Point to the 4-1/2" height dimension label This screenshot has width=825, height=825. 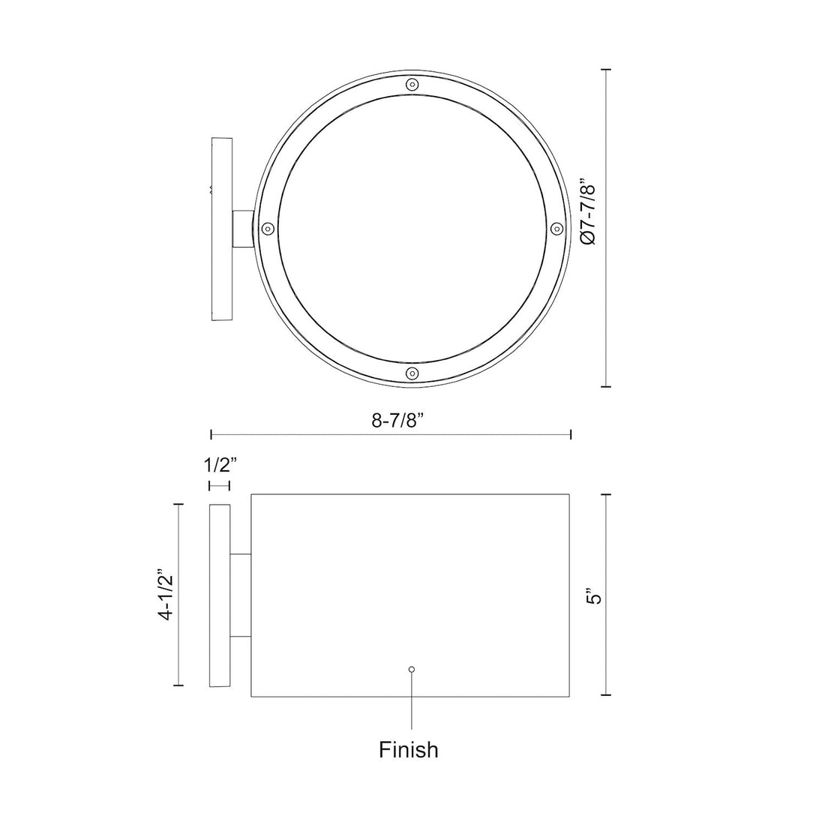[x=166, y=596]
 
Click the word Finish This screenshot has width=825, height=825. [x=409, y=749]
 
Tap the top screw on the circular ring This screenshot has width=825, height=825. [x=410, y=85]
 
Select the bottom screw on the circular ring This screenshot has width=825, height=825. [x=410, y=373]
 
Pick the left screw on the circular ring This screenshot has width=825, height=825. [x=267, y=228]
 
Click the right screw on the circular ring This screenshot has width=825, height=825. [x=556, y=227]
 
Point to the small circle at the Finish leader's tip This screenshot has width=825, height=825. [x=410, y=669]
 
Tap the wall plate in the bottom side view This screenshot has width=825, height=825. [x=219, y=596]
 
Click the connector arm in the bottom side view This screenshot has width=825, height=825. [x=240, y=596]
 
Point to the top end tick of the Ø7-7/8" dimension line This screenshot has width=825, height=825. [x=607, y=70]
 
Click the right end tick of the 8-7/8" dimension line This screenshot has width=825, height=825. [x=571, y=434]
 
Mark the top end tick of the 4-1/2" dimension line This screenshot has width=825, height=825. [x=178, y=505]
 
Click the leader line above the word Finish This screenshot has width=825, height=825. [x=410, y=701]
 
